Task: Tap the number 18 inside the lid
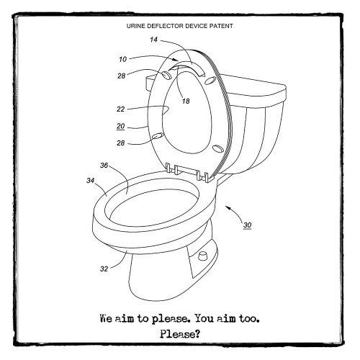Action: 185,102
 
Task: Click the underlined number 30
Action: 247,225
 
